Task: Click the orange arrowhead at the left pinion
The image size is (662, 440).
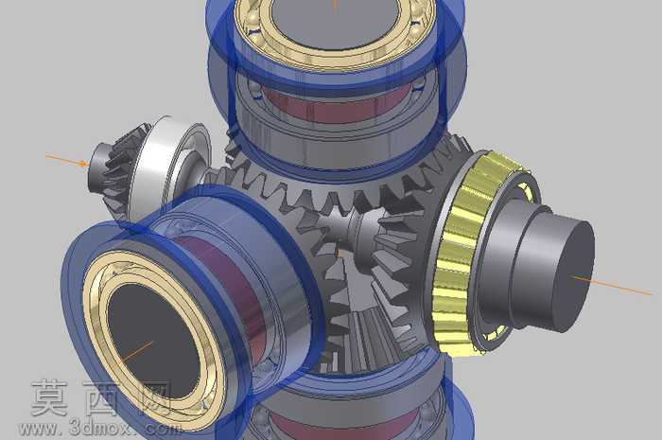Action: (x=83, y=163)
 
